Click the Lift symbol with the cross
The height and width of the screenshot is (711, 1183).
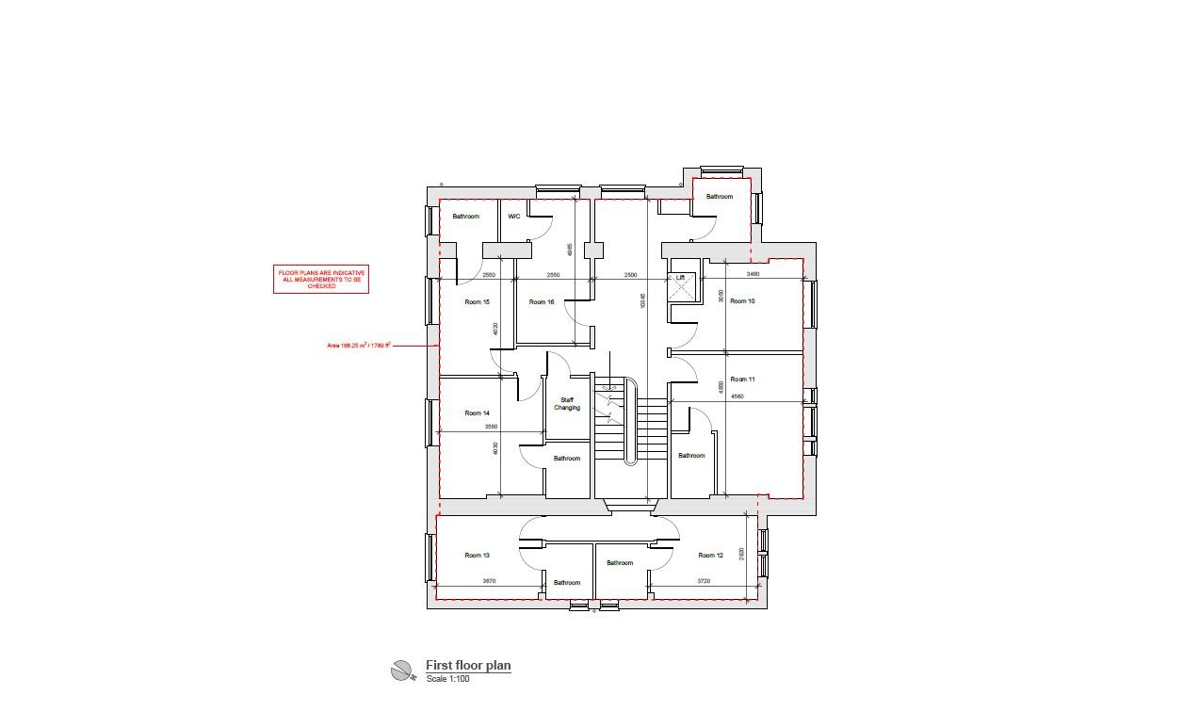point(682,288)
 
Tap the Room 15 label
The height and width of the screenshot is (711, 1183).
point(478,302)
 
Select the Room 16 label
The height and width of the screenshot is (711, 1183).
point(542,302)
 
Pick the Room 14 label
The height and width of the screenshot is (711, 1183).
point(478,413)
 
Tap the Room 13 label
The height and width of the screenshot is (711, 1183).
point(478,556)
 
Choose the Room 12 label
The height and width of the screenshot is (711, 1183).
point(710,556)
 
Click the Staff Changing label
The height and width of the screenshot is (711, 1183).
point(567,404)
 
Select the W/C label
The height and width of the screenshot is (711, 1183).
point(513,217)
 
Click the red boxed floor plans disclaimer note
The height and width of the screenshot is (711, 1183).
point(321,279)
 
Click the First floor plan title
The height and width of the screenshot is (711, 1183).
point(468,666)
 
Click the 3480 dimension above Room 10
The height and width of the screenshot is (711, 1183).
point(753,274)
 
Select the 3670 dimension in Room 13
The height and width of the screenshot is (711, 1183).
point(489,581)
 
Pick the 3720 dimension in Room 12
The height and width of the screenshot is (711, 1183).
point(704,581)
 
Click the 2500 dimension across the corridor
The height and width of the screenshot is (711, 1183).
point(630,274)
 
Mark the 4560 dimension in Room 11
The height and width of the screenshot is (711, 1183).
point(737,396)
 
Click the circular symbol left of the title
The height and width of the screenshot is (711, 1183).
point(402,671)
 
